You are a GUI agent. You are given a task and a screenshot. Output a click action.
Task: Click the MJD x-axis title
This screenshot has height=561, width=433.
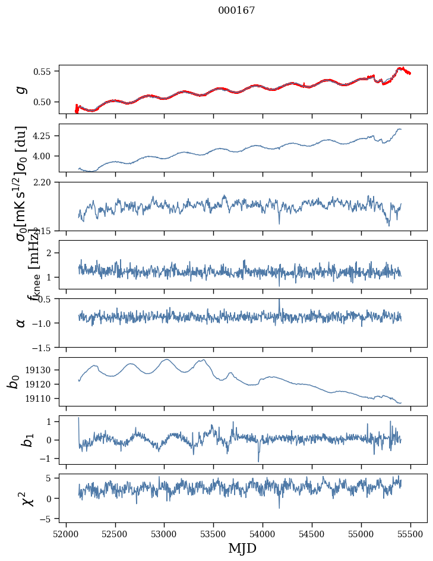click(x=242, y=548)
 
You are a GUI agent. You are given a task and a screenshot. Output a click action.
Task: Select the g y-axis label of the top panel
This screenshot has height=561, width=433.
click(x=21, y=89)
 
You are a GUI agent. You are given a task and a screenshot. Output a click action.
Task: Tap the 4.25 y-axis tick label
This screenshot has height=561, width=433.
click(x=45, y=136)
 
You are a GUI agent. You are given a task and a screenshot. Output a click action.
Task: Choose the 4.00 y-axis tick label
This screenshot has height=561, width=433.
click(x=45, y=156)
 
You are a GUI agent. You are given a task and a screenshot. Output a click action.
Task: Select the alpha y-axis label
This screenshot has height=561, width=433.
click(x=21, y=323)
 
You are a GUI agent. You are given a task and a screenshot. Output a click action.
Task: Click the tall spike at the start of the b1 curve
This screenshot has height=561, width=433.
click(x=79, y=418)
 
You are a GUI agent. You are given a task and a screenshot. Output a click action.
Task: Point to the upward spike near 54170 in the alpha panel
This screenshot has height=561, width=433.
click(x=279, y=300)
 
